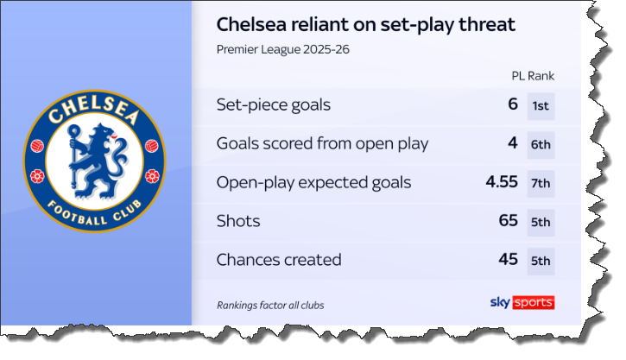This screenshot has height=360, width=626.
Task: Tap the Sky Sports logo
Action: click(x=522, y=302)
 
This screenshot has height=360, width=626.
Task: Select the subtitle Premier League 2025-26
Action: click(x=283, y=49)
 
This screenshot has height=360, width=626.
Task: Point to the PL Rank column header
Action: click(x=533, y=76)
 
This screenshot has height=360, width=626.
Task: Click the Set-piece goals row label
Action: click(x=274, y=105)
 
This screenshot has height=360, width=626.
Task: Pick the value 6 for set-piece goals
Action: click(x=512, y=105)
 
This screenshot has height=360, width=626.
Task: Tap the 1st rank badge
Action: click(x=541, y=106)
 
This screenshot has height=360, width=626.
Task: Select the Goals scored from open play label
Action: click(x=322, y=144)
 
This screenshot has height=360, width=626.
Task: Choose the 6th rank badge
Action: click(x=541, y=145)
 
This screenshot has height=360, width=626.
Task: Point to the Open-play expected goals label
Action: click(x=313, y=182)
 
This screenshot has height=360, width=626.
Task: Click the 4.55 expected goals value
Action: click(x=502, y=182)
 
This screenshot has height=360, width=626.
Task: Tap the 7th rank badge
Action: click(x=541, y=183)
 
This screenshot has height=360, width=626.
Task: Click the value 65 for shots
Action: click(x=508, y=221)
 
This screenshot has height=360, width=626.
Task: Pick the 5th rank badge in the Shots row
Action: click(x=541, y=222)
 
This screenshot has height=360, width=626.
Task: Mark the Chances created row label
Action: click(x=279, y=259)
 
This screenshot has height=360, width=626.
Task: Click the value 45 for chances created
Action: click(x=508, y=259)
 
